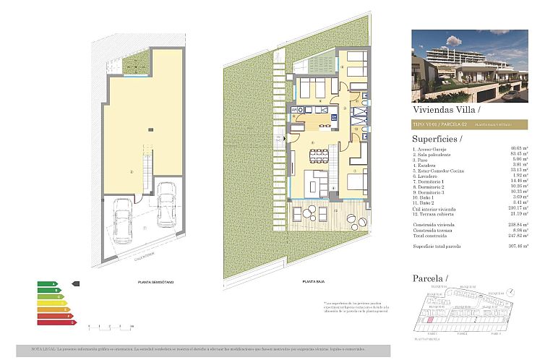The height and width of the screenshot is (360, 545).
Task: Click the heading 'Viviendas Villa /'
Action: (x=445, y=111)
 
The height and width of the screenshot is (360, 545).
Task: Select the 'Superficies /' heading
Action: (x=438, y=138)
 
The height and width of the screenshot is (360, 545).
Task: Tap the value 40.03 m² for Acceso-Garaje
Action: (x=519, y=148)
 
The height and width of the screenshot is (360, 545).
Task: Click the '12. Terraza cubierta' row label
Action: (x=436, y=213)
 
